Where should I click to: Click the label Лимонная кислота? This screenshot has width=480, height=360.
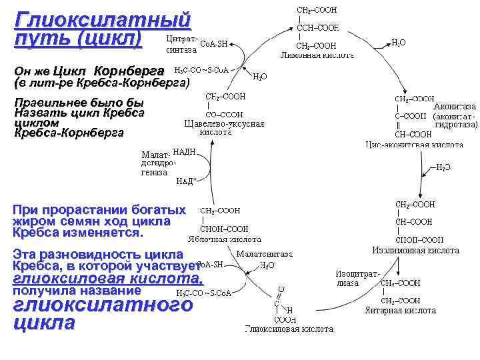(x=317, y=55)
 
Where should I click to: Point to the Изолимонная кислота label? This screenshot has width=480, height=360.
(x=415, y=251)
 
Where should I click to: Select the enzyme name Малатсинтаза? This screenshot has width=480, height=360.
(x=265, y=254)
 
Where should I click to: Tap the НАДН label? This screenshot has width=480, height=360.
(x=184, y=153)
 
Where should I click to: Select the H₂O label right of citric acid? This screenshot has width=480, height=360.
(x=399, y=43)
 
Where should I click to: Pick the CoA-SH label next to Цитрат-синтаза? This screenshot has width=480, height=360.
(x=214, y=44)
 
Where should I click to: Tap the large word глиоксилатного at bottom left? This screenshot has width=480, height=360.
(x=103, y=305)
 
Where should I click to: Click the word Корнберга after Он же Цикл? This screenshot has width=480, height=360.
(x=129, y=71)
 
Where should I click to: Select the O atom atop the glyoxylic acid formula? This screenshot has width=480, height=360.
(x=280, y=290)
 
